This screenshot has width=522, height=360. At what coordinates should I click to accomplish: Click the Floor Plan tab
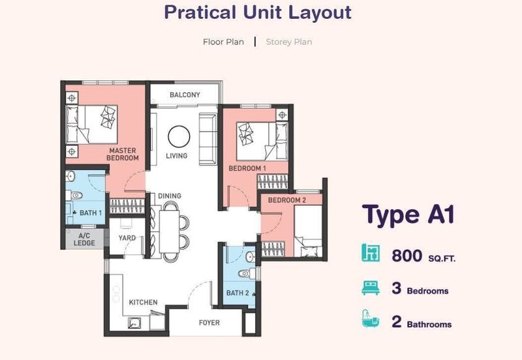(223, 42)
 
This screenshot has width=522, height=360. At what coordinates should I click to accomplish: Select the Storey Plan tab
(288, 42)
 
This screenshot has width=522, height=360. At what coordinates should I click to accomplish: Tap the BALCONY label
(185, 95)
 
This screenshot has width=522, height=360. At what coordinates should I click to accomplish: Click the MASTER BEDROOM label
(123, 155)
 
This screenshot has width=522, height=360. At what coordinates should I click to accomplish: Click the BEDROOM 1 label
(247, 169)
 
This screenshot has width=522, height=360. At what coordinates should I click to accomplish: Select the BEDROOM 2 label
(286, 200)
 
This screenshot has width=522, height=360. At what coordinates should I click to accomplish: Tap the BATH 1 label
(91, 213)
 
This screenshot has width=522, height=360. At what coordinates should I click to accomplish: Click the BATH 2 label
(236, 293)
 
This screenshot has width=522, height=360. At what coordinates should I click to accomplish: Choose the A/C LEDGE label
(85, 239)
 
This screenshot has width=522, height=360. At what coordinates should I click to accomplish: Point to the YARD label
(127, 238)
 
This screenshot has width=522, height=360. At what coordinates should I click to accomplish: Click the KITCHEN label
(143, 303)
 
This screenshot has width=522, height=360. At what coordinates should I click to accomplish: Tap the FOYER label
(209, 323)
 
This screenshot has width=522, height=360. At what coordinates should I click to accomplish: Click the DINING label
(170, 196)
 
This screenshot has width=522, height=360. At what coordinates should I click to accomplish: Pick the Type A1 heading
(408, 215)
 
